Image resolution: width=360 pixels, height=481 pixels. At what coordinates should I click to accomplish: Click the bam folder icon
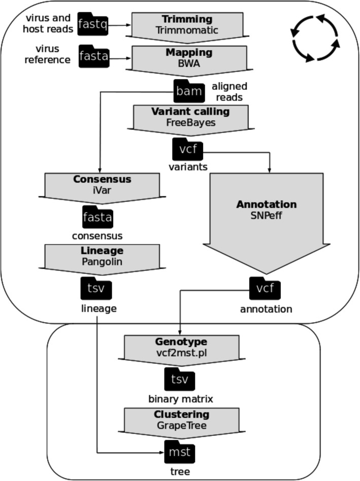(x=189, y=91)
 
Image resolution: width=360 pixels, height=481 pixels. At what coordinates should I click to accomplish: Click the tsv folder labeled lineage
(x=96, y=289)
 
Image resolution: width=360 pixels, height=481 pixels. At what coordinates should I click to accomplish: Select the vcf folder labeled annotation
(x=266, y=289)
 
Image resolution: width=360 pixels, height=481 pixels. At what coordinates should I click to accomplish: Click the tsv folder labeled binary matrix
(x=180, y=380)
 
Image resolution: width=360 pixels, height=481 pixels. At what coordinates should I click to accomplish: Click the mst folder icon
(x=180, y=450)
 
